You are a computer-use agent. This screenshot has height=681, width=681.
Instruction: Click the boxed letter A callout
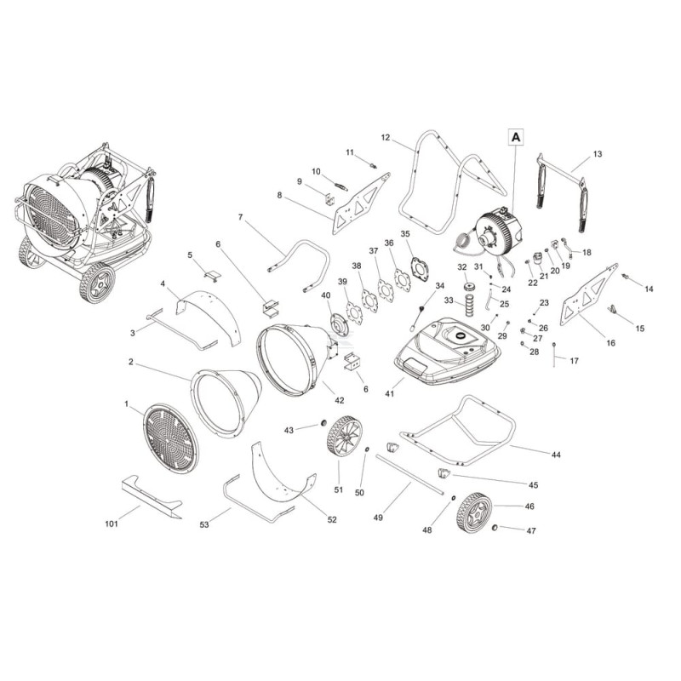(x=516, y=137)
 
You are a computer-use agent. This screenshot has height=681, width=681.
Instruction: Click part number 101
(x=112, y=524)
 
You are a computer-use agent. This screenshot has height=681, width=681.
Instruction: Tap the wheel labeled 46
(x=474, y=513)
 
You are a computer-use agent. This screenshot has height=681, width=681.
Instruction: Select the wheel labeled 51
(x=345, y=437)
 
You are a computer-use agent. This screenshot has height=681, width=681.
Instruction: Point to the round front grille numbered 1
(x=170, y=438)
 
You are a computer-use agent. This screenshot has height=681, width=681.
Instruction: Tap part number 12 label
(x=386, y=138)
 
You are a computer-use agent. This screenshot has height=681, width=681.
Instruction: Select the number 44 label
(x=556, y=455)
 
